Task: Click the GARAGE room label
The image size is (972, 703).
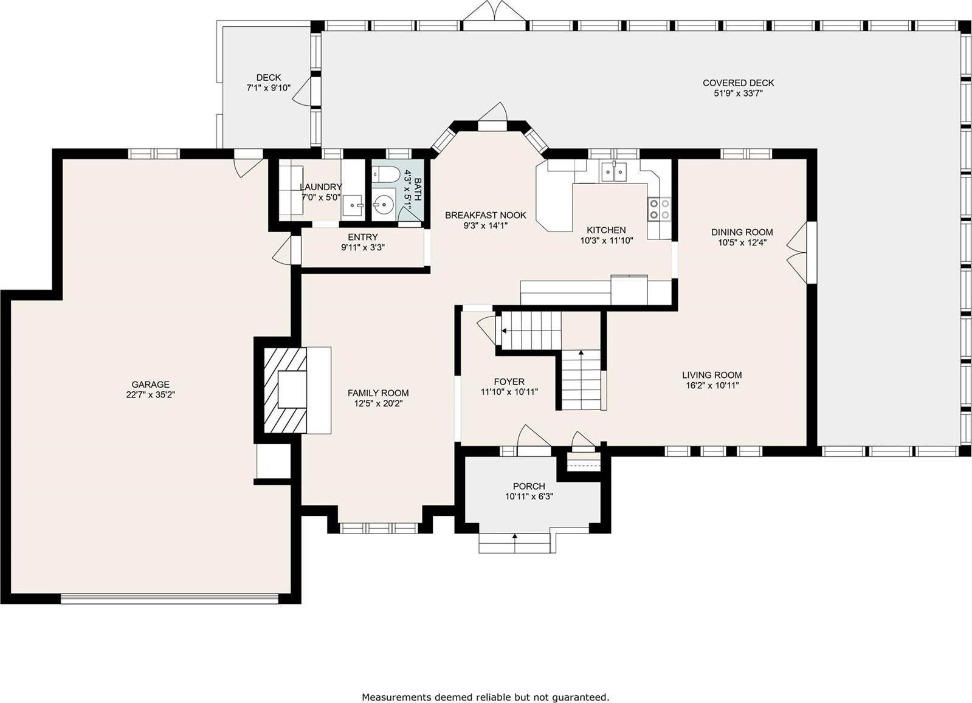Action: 150,384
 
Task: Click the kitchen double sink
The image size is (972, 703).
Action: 613,172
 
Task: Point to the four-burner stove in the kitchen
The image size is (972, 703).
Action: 659,209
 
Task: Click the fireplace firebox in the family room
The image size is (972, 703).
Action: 292,389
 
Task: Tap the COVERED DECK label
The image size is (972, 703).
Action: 738,83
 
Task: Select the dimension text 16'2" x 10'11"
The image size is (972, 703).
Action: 711,385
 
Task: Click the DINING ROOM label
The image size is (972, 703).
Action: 742,231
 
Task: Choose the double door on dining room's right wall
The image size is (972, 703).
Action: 799,252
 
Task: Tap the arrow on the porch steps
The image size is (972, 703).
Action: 515,537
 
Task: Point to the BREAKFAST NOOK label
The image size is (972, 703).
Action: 485,215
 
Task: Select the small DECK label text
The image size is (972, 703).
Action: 268,77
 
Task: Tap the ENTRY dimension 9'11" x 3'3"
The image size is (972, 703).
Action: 363,247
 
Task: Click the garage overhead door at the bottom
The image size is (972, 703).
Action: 170,598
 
